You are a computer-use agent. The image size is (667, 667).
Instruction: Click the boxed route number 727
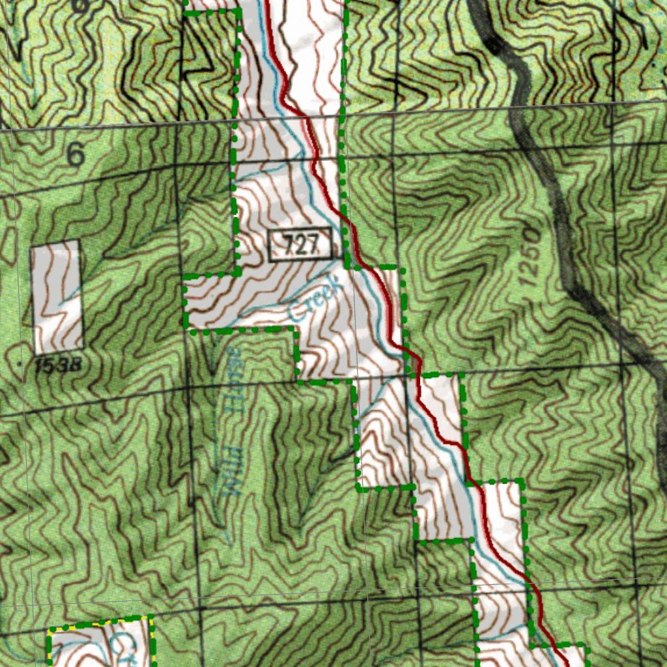tap(302, 246)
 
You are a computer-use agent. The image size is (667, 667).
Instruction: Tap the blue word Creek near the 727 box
tap(315, 299)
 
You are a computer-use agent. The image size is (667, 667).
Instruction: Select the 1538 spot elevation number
tap(58, 365)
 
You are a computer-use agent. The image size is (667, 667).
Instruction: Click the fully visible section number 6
tap(76, 155)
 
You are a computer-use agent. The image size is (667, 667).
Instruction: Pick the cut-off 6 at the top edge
tap(79, 5)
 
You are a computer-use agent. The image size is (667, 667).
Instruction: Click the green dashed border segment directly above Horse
tap(241, 330)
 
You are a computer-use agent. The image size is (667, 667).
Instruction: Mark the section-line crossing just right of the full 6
tap(176, 167)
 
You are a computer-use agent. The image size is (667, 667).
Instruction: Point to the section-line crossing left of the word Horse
tap(188, 387)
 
